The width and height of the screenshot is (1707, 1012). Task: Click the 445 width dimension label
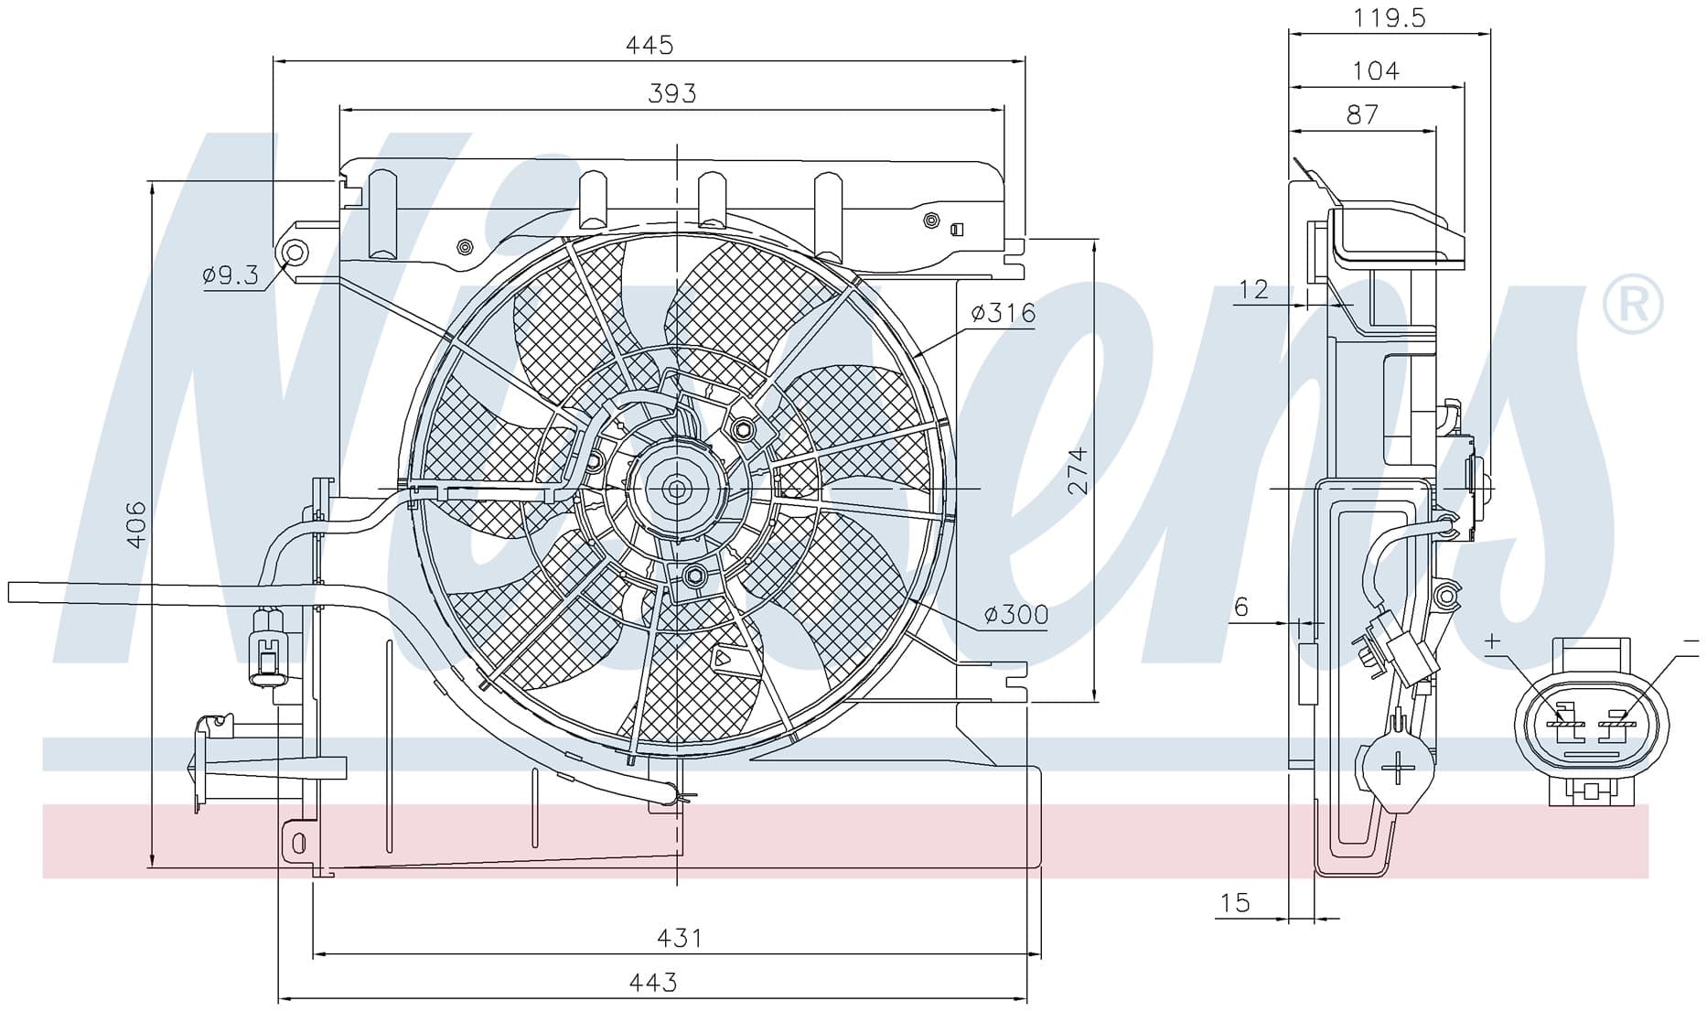tap(650, 44)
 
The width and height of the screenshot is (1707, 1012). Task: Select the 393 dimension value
tap(672, 92)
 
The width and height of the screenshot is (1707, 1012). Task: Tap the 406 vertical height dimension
tap(135, 523)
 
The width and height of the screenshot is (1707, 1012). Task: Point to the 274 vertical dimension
tap(1079, 470)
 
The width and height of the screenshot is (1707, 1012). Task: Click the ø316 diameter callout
tap(1004, 313)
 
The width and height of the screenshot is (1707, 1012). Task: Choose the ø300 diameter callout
tap(1016, 615)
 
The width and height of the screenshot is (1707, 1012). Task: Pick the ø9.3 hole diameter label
tap(231, 274)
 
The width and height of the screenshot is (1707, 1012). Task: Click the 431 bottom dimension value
tap(679, 937)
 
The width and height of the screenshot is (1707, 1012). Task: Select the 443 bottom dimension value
tap(653, 982)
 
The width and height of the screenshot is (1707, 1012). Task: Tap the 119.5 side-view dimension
tap(1390, 17)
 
